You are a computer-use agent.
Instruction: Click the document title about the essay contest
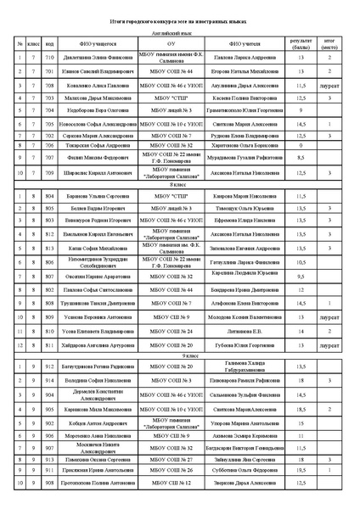click(180, 17)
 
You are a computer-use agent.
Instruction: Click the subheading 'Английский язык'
click(180, 29)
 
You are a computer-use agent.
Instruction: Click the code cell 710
click(50, 58)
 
